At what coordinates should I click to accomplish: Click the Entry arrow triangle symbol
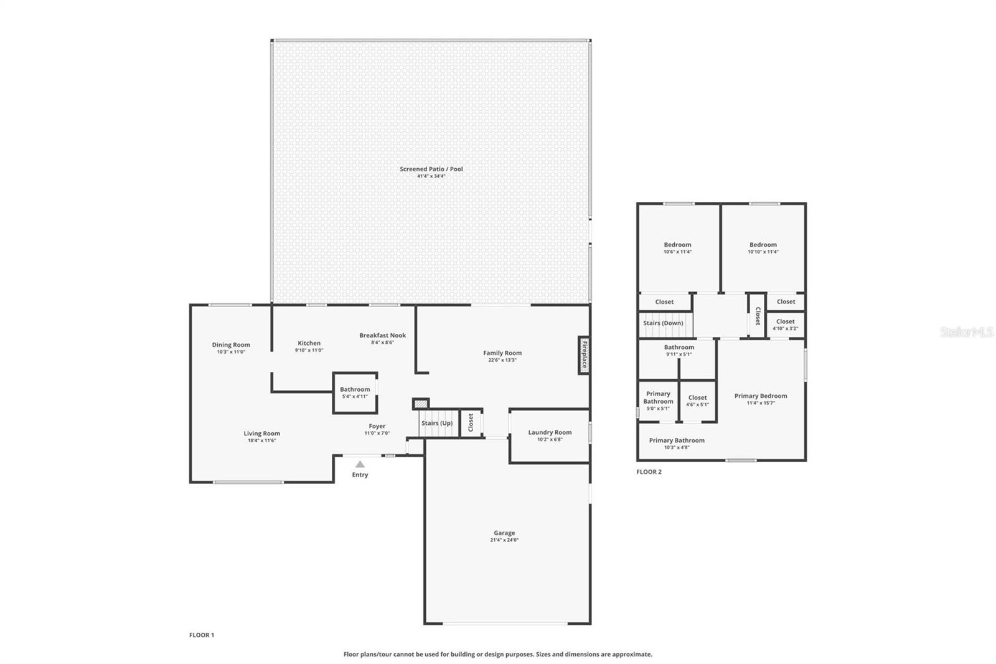point(360,464)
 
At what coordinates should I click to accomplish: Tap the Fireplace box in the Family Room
point(584,355)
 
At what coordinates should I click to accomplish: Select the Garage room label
point(504,533)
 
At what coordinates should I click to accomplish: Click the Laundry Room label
point(550,432)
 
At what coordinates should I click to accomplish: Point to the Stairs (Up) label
point(437,424)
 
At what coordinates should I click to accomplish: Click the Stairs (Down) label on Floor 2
point(663,323)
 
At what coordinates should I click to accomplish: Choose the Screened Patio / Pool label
point(431,169)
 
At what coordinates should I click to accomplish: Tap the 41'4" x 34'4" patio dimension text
point(431,176)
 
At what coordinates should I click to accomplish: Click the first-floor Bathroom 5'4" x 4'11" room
point(355,392)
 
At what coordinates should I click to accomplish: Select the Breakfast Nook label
point(382,335)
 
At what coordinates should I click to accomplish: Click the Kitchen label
point(309,343)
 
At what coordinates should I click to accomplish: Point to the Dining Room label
point(231,344)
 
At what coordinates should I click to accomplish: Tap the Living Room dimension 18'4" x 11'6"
point(261,441)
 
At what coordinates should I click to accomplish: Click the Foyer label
point(377,426)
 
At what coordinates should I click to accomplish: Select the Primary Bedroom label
point(760,396)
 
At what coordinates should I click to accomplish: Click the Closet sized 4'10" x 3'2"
point(785,325)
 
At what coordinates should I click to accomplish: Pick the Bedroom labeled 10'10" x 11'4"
point(763,248)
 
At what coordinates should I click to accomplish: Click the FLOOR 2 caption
point(649,472)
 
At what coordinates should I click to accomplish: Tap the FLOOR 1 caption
point(202,635)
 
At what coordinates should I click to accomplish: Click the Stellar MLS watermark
point(966,333)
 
